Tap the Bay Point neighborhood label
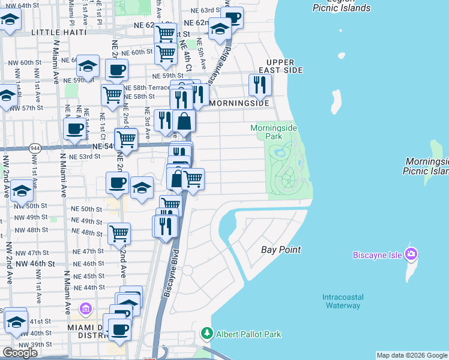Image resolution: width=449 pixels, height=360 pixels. tap(281, 249)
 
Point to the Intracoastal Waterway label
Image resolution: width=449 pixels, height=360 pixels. tap(342, 301)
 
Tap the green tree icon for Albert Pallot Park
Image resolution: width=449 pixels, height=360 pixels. tap(206, 333)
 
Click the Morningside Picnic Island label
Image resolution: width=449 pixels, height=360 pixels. tap(427, 166)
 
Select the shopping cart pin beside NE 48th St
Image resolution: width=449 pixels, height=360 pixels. tap(119, 233)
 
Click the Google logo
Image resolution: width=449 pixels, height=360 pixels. tap(20, 353)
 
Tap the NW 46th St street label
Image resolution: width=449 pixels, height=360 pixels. tap(35, 263)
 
